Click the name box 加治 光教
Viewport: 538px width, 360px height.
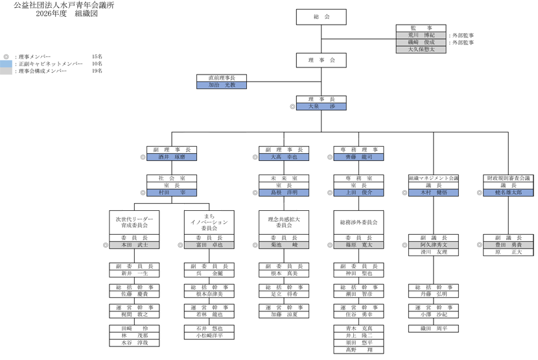pyautogui.click(x=220, y=85)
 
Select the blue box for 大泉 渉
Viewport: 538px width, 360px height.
pyautogui.click(x=321, y=106)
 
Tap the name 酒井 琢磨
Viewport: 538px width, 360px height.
pyautogui.click(x=171, y=157)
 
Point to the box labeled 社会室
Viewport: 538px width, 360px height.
pyautogui.click(x=171, y=178)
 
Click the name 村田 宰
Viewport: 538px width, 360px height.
pyautogui.click(x=171, y=193)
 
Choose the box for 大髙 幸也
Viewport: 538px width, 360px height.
pyautogui.click(x=284, y=157)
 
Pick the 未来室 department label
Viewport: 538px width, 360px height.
pyautogui.click(x=284, y=178)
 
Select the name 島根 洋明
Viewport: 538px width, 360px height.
pyautogui.click(x=284, y=193)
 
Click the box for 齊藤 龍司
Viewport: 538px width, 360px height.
pyautogui.click(x=358, y=157)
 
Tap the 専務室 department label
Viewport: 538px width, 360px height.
pyautogui.click(x=358, y=178)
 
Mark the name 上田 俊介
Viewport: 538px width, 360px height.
pyautogui.click(x=358, y=193)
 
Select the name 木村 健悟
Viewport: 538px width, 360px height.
pyautogui.click(x=434, y=193)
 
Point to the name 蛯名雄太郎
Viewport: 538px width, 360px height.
pyautogui.click(x=508, y=193)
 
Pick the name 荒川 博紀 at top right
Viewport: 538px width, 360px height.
pyautogui.click(x=421, y=35)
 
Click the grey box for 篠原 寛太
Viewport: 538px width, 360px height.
pyautogui.click(x=358, y=245)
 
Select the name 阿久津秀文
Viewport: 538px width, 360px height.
pyautogui.click(x=434, y=245)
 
